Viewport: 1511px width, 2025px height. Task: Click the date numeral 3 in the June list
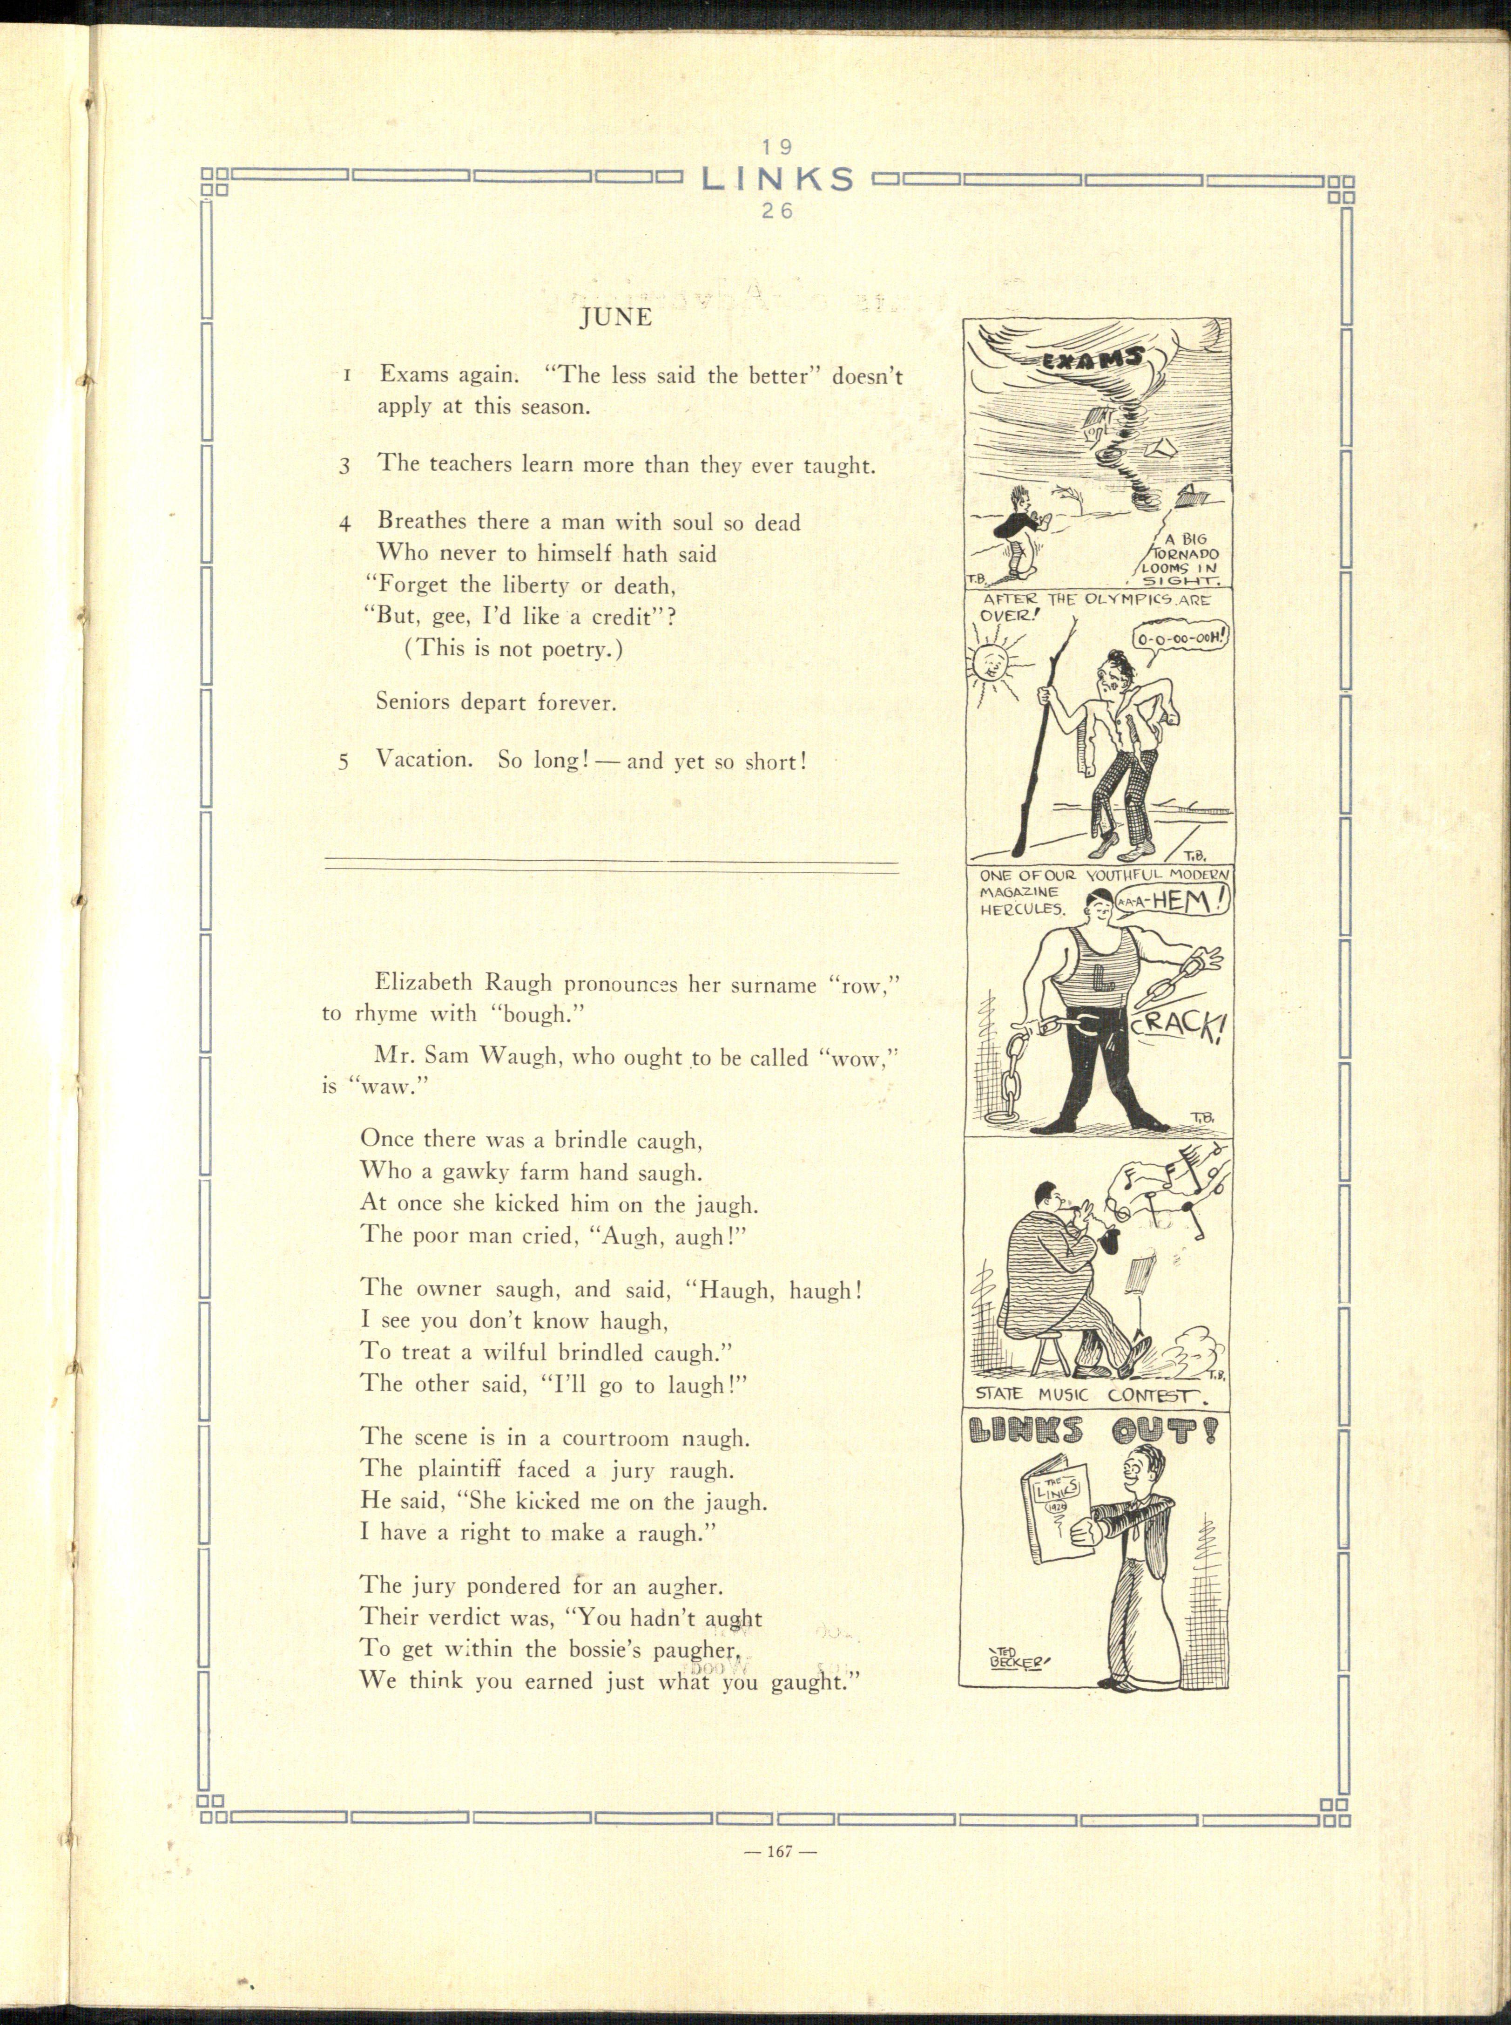pyautogui.click(x=345, y=465)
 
